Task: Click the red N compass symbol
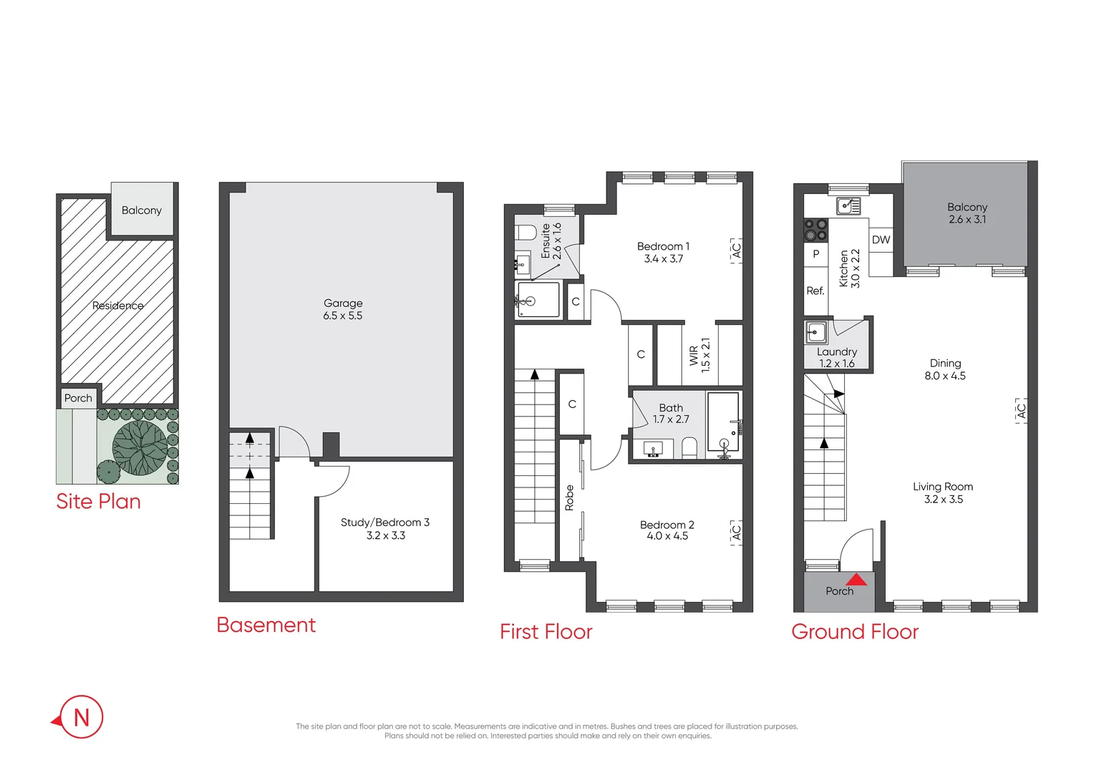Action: [81, 716]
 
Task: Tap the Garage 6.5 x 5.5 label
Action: [342, 309]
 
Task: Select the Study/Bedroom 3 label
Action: [385, 528]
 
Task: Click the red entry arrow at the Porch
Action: [856, 579]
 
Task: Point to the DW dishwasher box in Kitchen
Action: [881, 240]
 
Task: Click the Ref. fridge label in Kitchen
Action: [815, 291]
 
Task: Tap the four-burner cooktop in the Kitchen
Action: [815, 229]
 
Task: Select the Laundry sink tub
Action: [816, 333]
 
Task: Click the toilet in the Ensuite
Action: [526, 233]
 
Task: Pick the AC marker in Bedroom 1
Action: [736, 251]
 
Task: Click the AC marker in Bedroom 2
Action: [736, 533]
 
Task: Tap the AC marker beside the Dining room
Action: [1021, 411]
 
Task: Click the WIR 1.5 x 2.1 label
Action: [700, 356]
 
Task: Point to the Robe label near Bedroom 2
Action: [569, 497]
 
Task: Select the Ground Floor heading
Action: [854, 631]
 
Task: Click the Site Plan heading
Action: [98, 501]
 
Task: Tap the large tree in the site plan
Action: [140, 448]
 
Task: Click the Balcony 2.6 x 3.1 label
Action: [967, 213]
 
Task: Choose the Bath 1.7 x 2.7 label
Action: [670, 413]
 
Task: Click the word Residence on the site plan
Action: [117, 306]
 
